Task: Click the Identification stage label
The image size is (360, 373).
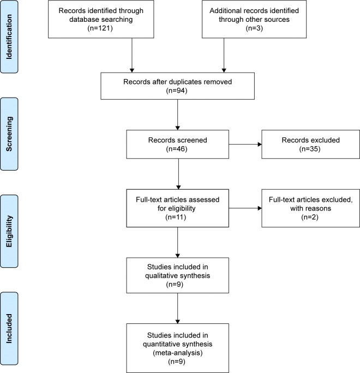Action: click(9, 37)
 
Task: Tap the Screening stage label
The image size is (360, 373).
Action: click(9, 134)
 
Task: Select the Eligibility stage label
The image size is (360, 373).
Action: click(9, 231)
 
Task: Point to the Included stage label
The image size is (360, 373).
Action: click(9, 328)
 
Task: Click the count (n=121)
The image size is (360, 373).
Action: click(100, 28)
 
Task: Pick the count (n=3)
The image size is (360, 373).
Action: click(254, 28)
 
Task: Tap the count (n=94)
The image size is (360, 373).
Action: click(177, 91)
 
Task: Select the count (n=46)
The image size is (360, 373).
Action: click(177, 149)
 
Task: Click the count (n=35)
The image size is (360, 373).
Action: click(310, 149)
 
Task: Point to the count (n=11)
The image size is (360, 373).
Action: click(176, 217)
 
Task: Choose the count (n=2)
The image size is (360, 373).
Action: click(310, 217)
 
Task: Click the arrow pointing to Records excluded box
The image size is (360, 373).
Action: click(245, 144)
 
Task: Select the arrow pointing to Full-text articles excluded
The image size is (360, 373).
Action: click(245, 208)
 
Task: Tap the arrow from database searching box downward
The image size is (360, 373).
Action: click(132, 55)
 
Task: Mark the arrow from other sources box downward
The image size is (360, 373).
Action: click(224, 55)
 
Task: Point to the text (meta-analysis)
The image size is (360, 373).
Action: click(177, 352)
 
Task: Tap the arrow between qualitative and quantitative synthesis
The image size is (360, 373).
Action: click(177, 308)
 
